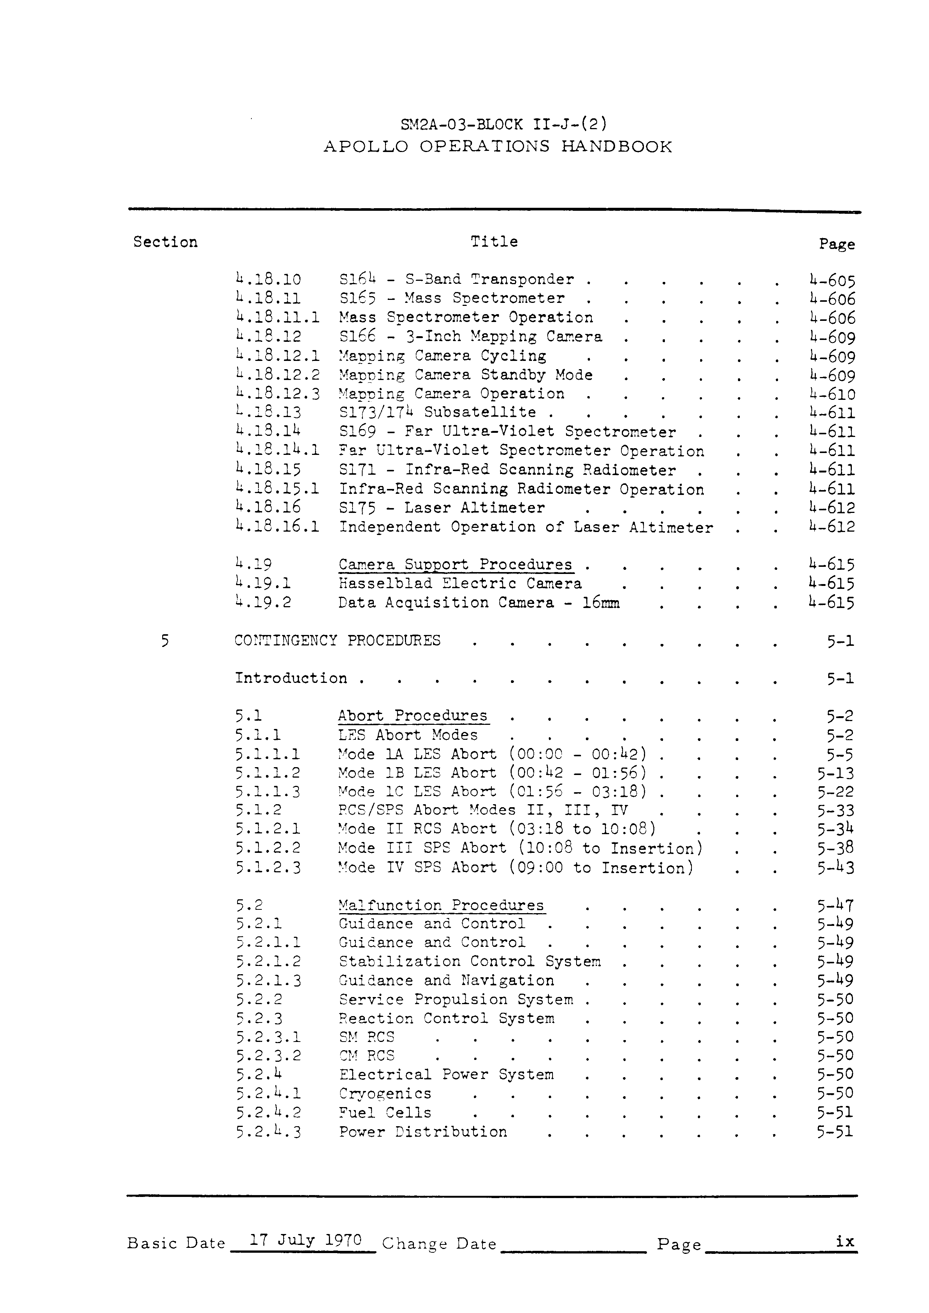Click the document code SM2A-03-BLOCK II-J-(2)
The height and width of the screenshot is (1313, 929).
point(497,124)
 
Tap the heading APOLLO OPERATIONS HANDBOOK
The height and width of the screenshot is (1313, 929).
point(498,147)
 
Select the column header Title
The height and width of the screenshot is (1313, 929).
point(494,242)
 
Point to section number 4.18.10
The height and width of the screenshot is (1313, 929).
point(268,280)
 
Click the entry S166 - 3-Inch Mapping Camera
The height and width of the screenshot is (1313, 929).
point(470,337)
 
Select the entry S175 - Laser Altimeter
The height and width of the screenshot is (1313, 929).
point(442,508)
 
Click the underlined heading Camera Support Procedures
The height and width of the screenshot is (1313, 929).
point(456,565)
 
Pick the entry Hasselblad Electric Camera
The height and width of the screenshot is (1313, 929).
point(460,584)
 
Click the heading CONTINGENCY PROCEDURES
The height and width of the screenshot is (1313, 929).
point(338,641)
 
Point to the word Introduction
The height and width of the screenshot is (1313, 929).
point(291,678)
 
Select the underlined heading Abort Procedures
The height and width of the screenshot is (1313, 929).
point(412,716)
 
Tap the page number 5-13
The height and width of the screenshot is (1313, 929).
point(835,774)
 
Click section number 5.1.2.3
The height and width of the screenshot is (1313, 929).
point(268,868)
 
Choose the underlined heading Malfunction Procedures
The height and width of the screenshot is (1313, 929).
point(441,906)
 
